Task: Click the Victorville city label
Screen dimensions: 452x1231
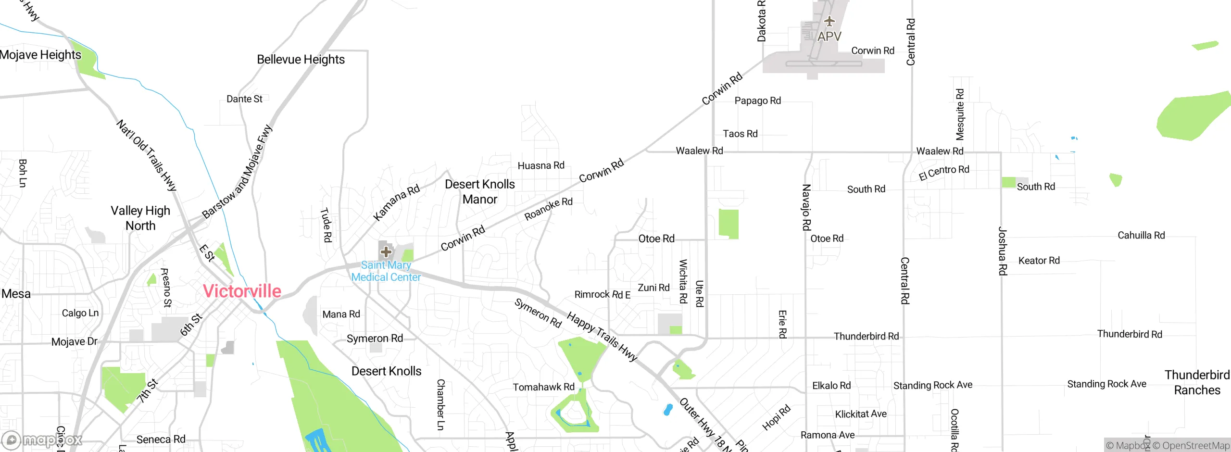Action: pyautogui.click(x=242, y=291)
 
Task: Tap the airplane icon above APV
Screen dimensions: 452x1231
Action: pyautogui.click(x=829, y=21)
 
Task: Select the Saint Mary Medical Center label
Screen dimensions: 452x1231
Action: pyautogui.click(x=386, y=271)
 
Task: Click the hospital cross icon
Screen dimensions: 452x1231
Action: pyautogui.click(x=386, y=251)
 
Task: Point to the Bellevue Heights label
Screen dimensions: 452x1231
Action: pyautogui.click(x=301, y=60)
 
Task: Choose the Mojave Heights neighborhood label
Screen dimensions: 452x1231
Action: pyautogui.click(x=40, y=55)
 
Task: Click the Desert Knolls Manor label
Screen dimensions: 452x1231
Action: pyautogui.click(x=479, y=192)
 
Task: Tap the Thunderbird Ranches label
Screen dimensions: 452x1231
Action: pyautogui.click(x=1197, y=382)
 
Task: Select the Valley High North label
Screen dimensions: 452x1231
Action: pyautogui.click(x=140, y=218)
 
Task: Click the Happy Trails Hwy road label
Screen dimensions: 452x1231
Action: pyautogui.click(x=602, y=336)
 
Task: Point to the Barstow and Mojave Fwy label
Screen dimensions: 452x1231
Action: pyautogui.click(x=237, y=172)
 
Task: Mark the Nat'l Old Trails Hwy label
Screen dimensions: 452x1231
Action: pyautogui.click(x=147, y=155)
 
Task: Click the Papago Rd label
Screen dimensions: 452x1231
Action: pyautogui.click(x=757, y=100)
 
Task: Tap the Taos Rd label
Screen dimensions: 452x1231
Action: pyautogui.click(x=740, y=134)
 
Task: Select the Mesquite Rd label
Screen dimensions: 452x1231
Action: pyautogui.click(x=960, y=114)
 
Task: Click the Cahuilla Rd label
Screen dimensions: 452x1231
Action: pyautogui.click(x=1141, y=235)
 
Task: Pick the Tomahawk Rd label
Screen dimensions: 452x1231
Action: pyautogui.click(x=543, y=387)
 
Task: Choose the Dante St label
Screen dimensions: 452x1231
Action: pyautogui.click(x=244, y=99)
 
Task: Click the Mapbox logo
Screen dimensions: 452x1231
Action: pyautogui.click(x=42, y=439)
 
